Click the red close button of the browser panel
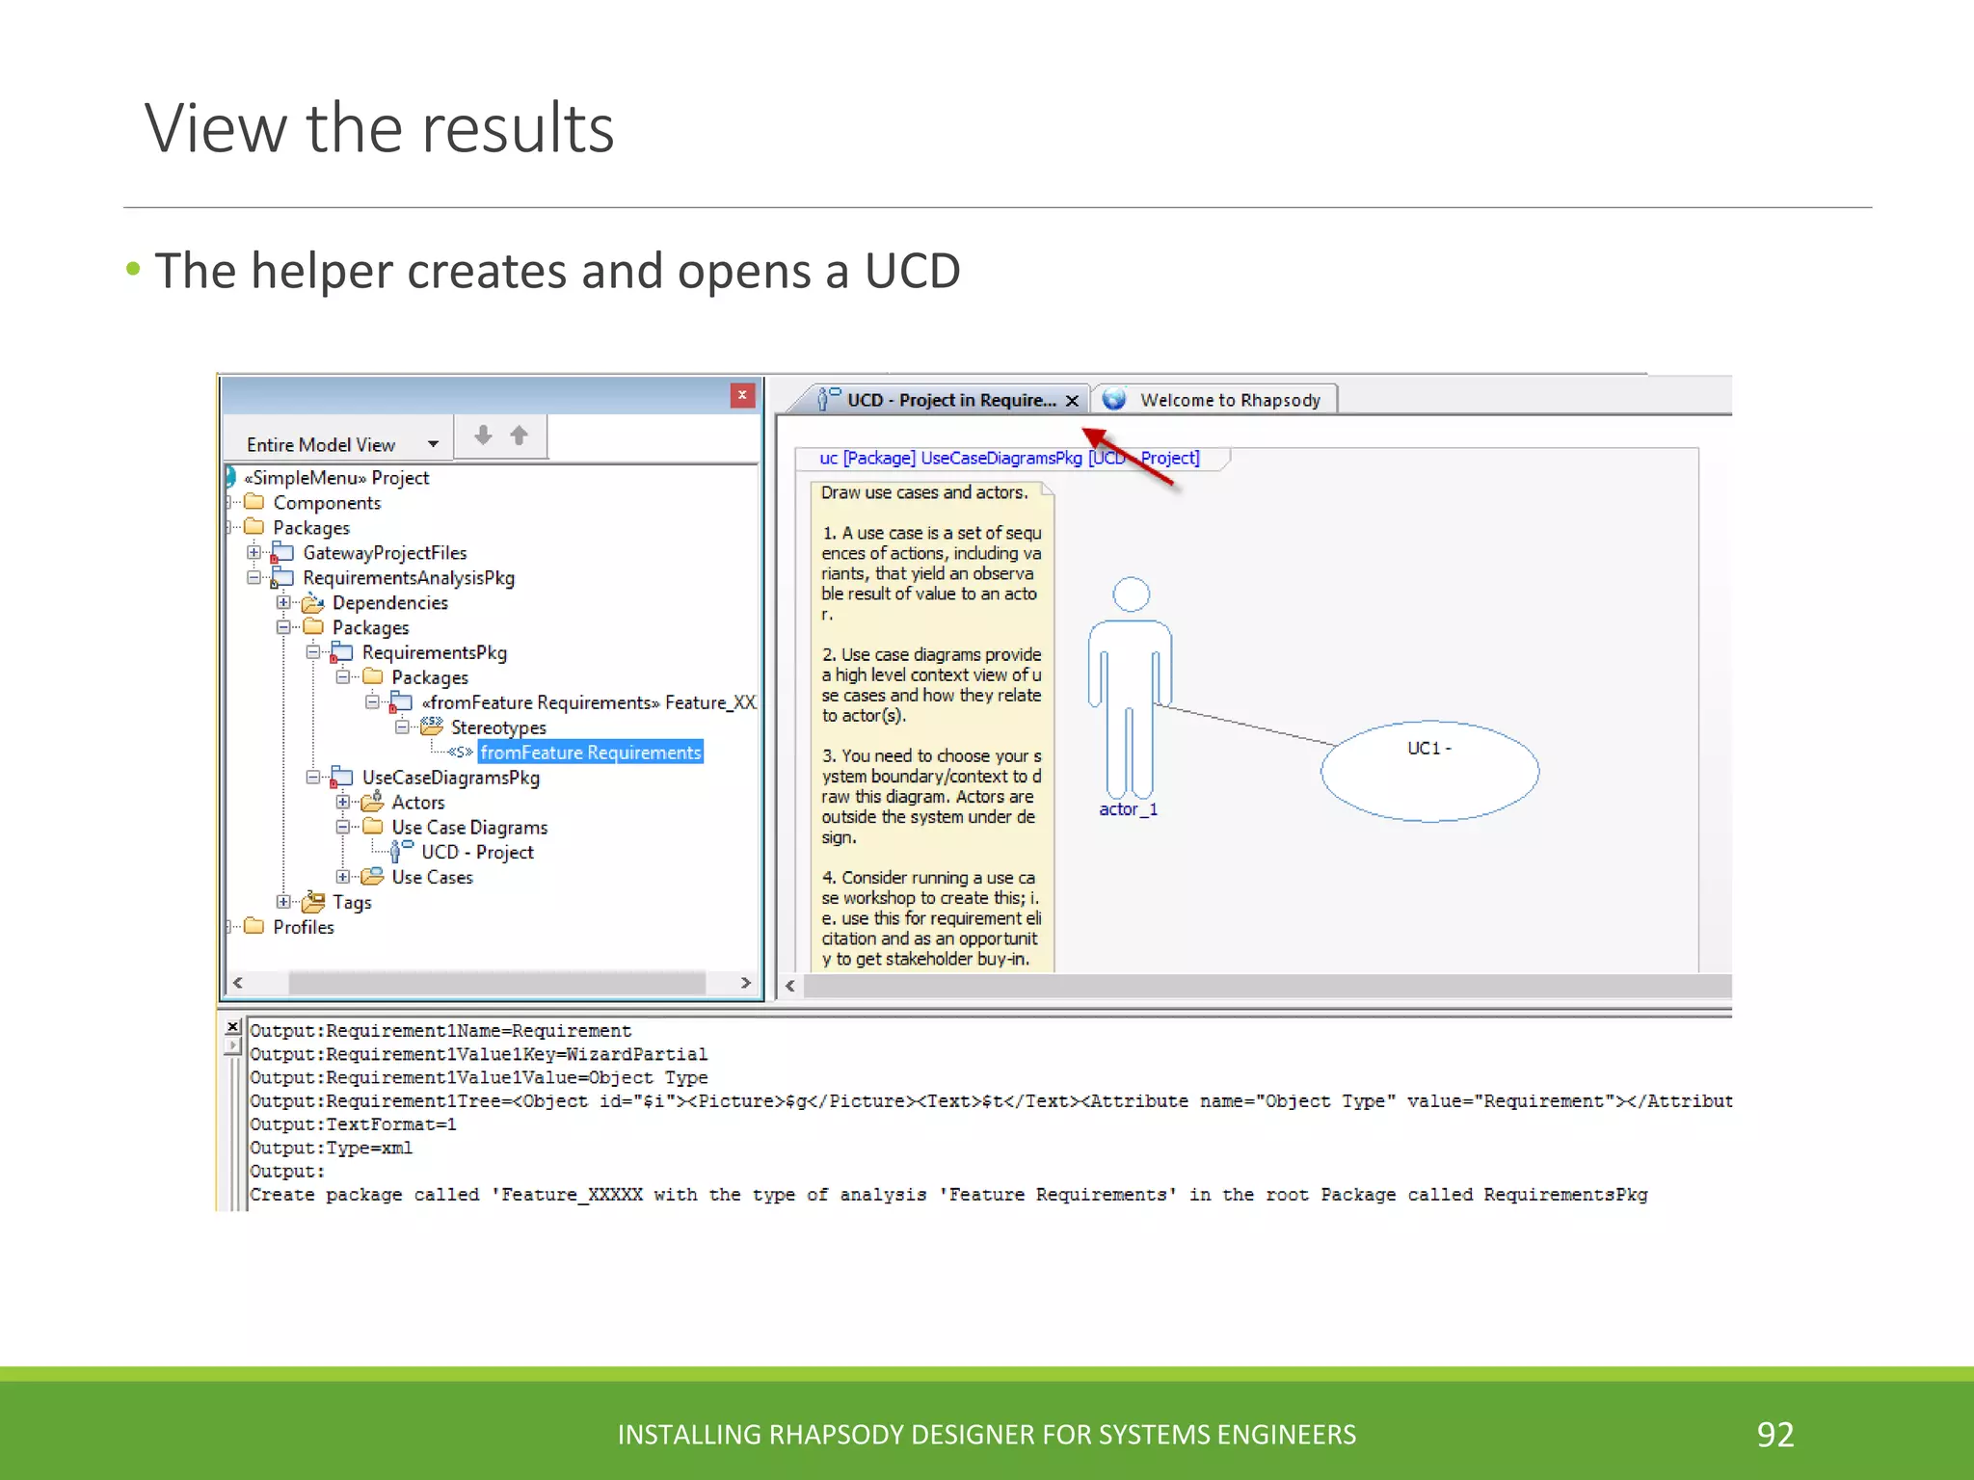coord(742,395)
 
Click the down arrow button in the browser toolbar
coord(484,436)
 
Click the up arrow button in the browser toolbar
coord(520,436)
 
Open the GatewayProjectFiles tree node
coord(384,553)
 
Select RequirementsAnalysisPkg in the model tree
coord(408,578)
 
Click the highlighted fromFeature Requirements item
coord(590,753)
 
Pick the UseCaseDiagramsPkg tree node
coord(450,778)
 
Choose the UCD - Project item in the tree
coord(476,853)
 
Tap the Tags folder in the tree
coord(351,903)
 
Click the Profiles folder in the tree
coord(303,927)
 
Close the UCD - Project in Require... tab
coord(1072,401)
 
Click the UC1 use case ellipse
coord(1429,772)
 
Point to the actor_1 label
coord(1128,810)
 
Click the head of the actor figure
coord(1131,594)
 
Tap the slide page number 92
coord(1774,1435)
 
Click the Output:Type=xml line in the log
coord(331,1149)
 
